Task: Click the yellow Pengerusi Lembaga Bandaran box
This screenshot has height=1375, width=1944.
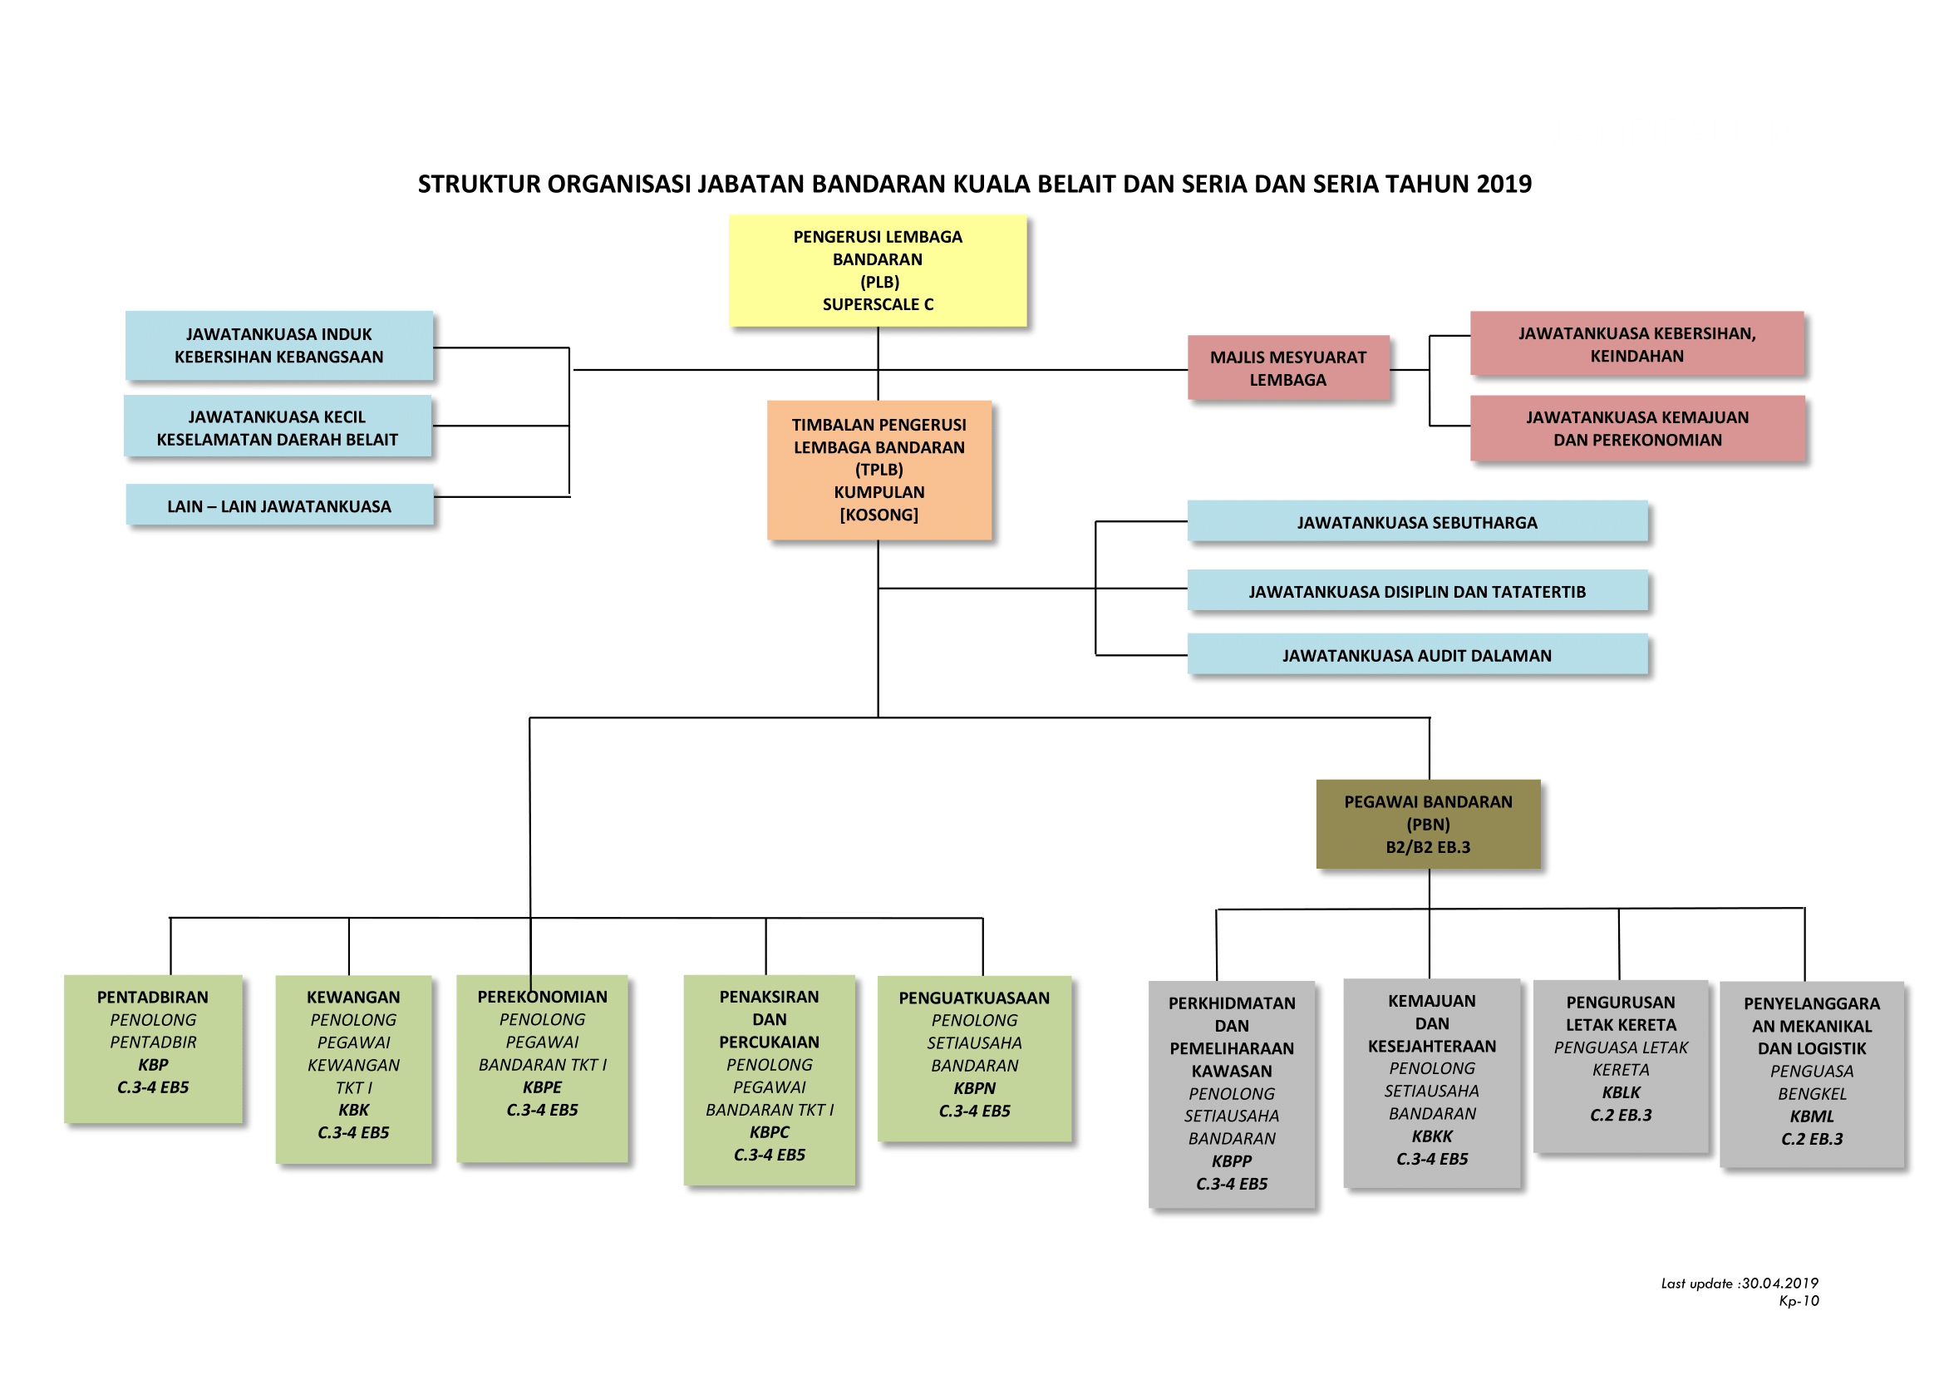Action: pos(878,270)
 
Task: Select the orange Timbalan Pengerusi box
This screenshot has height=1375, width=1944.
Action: pos(878,470)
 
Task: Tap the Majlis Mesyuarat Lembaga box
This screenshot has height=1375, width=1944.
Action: pos(1289,367)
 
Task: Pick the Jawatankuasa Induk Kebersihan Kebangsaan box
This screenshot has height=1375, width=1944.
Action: pos(279,346)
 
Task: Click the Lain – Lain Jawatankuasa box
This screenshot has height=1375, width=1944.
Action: pos(279,505)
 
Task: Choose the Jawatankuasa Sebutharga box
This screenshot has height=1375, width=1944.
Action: pos(1417,520)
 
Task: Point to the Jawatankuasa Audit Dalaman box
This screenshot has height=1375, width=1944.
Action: pos(1417,653)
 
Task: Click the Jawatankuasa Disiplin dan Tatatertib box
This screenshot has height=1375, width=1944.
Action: pos(1417,590)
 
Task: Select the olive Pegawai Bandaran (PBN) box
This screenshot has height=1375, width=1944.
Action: pos(1429,824)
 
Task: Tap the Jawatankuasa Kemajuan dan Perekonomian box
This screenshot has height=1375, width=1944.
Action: pos(1637,427)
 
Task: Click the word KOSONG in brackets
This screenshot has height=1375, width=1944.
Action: pos(878,515)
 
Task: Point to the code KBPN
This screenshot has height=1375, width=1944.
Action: pos(975,1088)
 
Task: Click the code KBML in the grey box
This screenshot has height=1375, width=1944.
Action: pos(1812,1116)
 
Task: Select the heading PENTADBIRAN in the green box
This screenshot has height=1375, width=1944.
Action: pos(152,998)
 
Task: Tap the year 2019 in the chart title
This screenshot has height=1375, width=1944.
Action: pos(1504,184)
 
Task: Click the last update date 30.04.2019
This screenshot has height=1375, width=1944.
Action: pos(1779,1283)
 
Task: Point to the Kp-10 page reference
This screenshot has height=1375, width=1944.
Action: pos(1799,1300)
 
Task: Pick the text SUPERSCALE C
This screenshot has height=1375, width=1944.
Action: pos(878,304)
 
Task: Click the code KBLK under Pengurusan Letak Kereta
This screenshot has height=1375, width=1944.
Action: pos(1621,1092)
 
